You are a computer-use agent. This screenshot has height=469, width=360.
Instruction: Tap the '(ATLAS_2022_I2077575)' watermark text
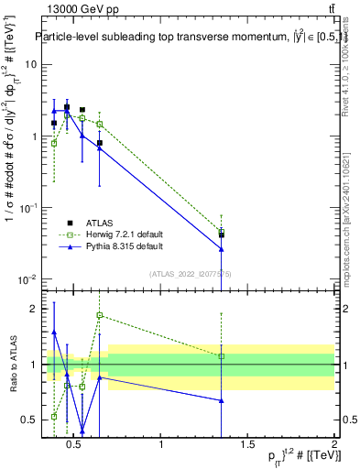[190, 273]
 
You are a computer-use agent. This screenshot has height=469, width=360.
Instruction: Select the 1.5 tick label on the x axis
[247, 445]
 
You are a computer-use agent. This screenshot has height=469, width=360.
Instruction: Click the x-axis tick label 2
[334, 445]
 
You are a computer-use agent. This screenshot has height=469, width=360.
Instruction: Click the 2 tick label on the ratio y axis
[30, 309]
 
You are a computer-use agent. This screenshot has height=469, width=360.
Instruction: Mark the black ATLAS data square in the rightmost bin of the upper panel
[222, 234]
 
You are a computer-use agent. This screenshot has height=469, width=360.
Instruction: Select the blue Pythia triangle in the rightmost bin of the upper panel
[222, 248]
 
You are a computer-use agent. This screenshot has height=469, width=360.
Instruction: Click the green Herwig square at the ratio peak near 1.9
[100, 316]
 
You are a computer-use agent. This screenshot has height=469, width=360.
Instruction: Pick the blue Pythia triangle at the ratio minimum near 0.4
[82, 430]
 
